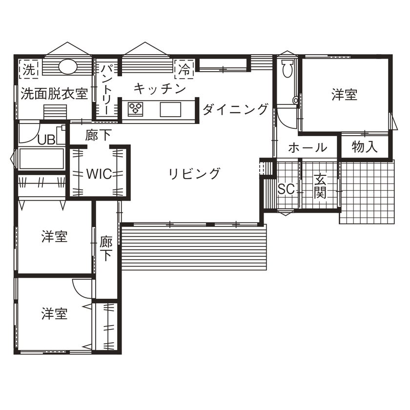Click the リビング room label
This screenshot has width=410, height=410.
click(x=194, y=173)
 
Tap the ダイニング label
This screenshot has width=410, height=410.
click(x=235, y=109)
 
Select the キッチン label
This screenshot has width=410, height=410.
click(x=159, y=89)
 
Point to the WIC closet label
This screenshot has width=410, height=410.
click(x=100, y=173)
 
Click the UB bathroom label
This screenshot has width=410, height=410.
click(x=46, y=140)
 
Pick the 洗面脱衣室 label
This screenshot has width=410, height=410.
click(x=54, y=94)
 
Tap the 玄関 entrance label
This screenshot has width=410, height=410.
click(x=320, y=186)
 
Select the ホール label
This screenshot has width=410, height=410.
click(x=307, y=147)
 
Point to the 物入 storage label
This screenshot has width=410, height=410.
click(x=365, y=147)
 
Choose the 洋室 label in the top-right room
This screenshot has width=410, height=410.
click(x=344, y=94)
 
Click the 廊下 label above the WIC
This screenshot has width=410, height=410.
click(x=99, y=135)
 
